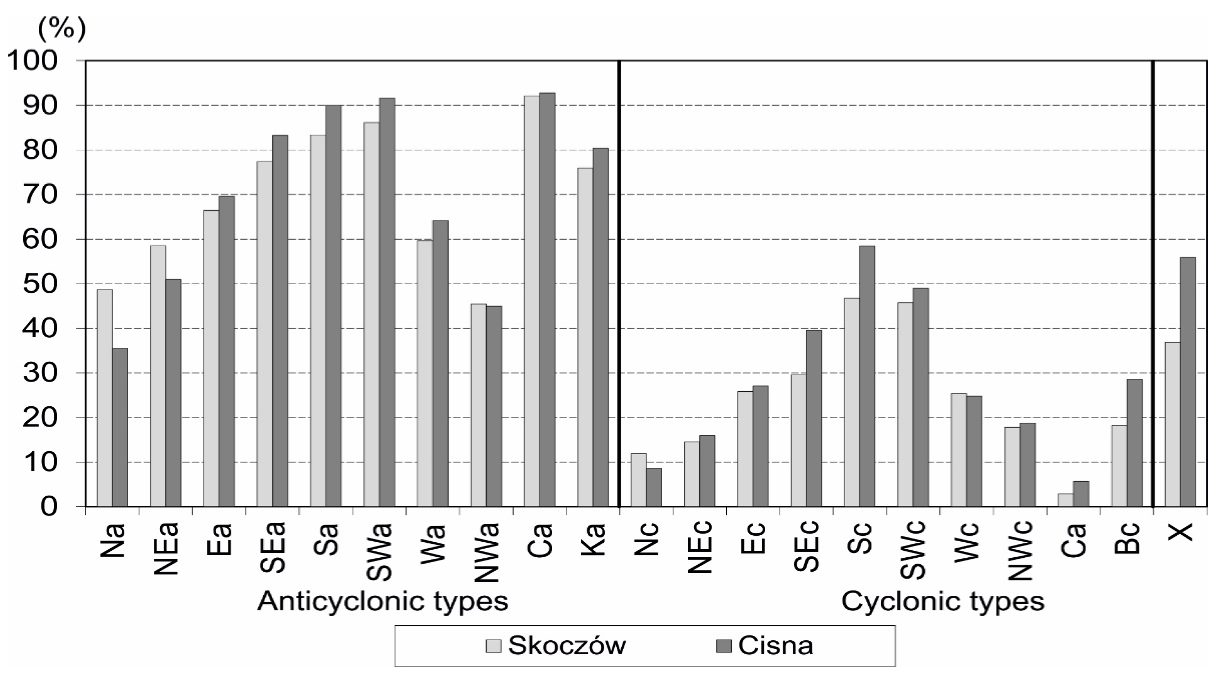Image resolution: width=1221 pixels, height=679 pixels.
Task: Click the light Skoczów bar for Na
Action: [x=105, y=398]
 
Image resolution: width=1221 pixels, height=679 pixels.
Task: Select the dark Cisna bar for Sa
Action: [x=333, y=306]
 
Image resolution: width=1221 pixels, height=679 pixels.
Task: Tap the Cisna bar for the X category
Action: [x=1187, y=382]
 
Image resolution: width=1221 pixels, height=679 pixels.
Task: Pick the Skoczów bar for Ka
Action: [x=585, y=337]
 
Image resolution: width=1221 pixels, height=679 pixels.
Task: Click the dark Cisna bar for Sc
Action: [x=867, y=376]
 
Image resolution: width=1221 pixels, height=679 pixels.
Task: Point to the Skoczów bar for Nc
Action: [x=638, y=480]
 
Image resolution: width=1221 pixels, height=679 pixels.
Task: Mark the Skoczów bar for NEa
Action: [x=158, y=376]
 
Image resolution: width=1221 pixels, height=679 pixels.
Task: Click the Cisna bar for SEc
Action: [x=814, y=418]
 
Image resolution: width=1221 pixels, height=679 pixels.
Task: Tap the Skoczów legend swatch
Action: [x=493, y=646]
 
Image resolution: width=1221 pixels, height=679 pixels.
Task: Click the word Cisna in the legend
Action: [x=775, y=645]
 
